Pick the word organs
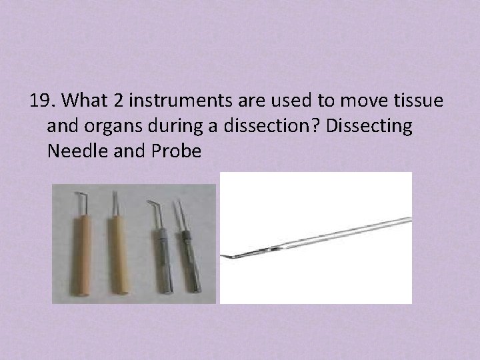point(114,126)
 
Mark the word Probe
point(176,151)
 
